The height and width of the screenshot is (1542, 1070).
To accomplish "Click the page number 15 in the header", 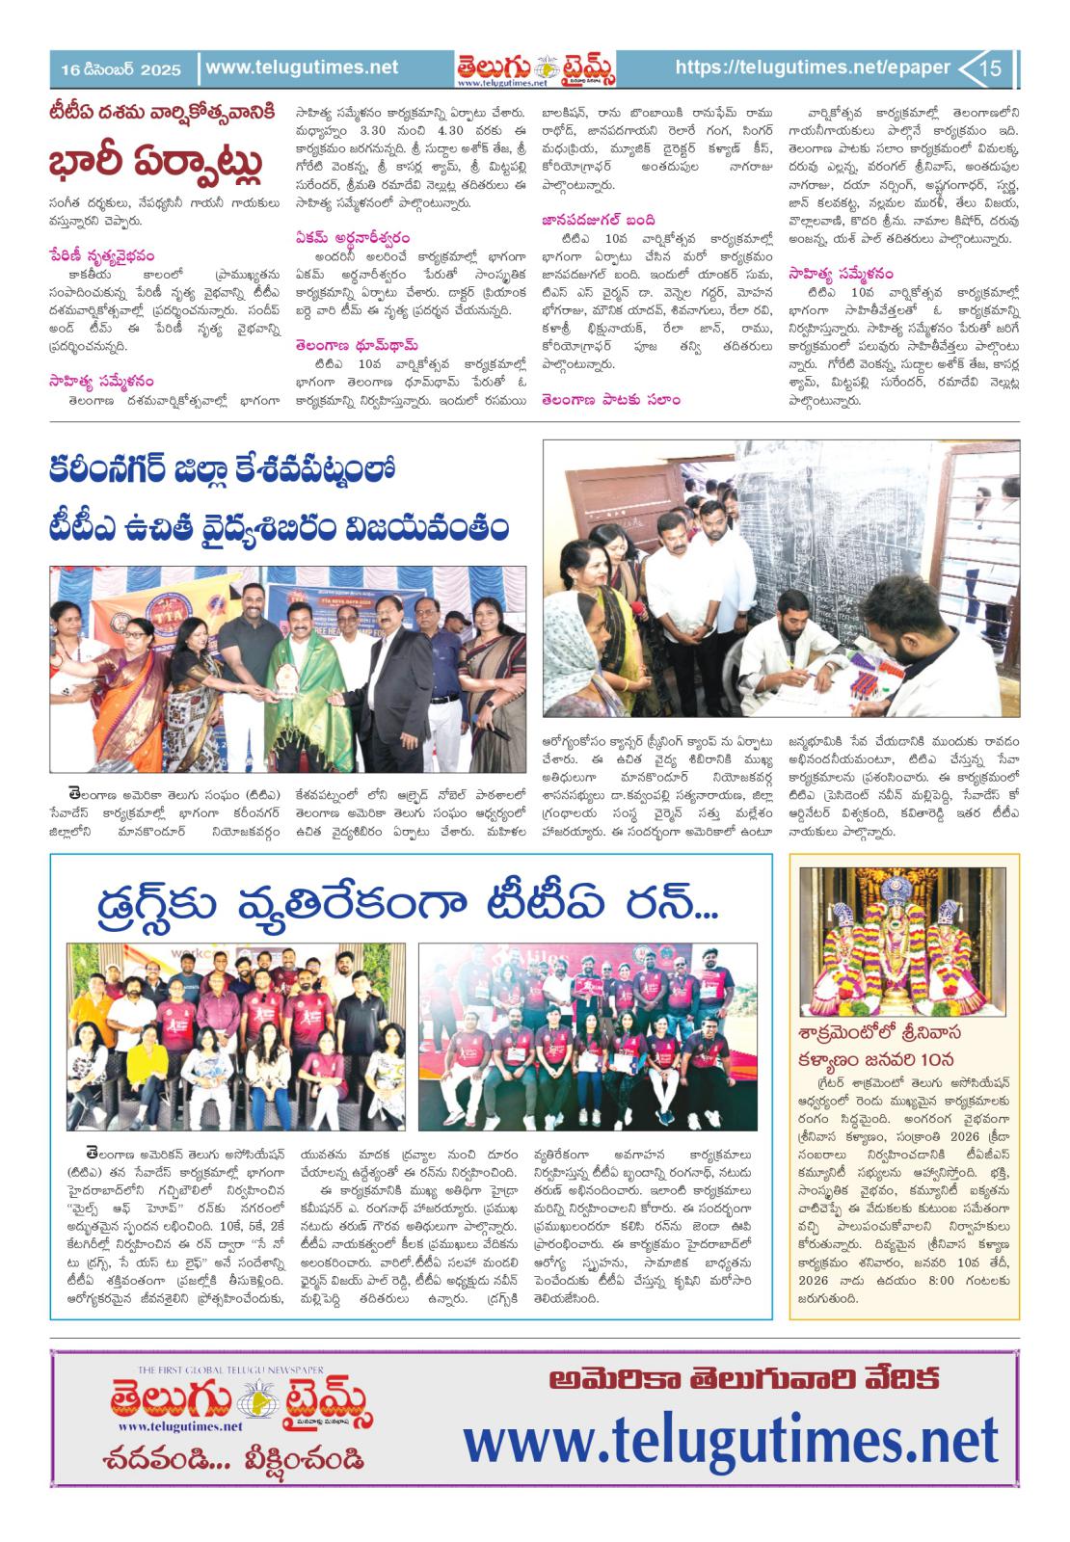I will click(x=992, y=68).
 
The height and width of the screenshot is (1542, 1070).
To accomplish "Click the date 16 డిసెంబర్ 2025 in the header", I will click(x=120, y=69).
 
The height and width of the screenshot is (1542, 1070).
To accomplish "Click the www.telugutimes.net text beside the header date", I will click(x=302, y=67).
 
